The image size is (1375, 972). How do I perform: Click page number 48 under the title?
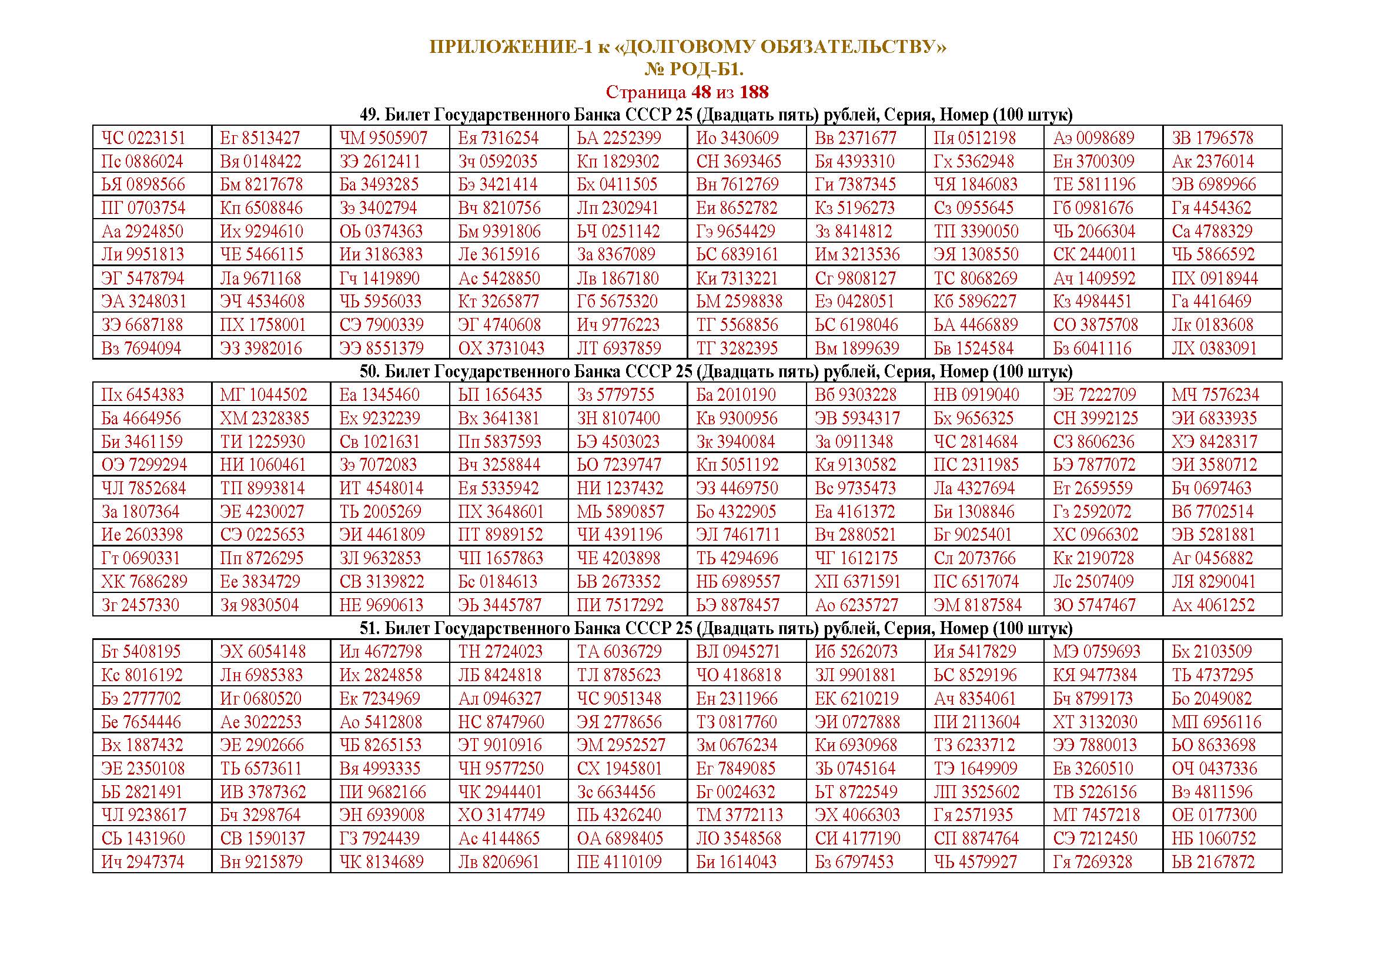point(701,92)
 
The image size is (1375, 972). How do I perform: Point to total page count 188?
point(754,92)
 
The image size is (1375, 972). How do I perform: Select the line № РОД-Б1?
point(694,70)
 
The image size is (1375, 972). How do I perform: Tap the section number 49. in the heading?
point(370,115)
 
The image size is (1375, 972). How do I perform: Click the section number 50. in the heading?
point(370,371)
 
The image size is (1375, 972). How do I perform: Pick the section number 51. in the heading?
point(370,628)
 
